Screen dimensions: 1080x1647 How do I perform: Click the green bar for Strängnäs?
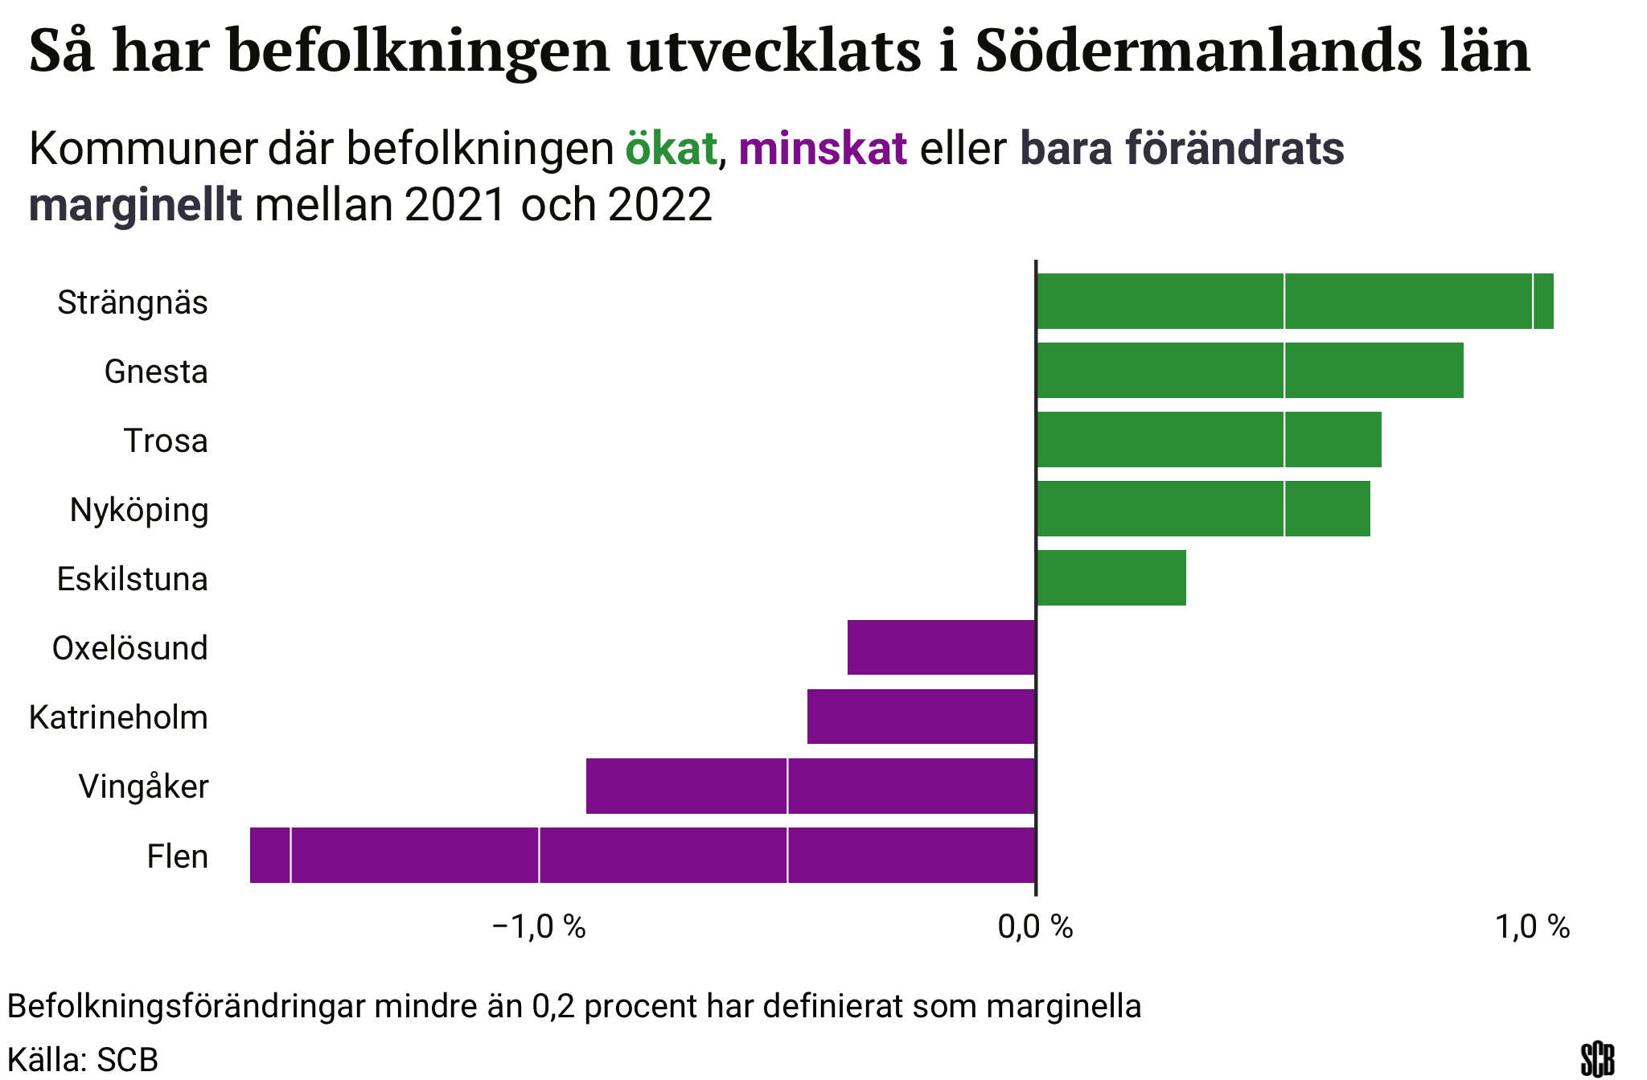click(x=1295, y=302)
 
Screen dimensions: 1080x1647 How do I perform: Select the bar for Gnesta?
click(x=1250, y=371)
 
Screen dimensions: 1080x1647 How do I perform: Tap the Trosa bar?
click(x=1209, y=440)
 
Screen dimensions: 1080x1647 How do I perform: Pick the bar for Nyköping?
click(x=1203, y=509)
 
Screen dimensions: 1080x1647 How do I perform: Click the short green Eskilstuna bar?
click(x=1111, y=578)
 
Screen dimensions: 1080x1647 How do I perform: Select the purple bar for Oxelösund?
click(x=941, y=647)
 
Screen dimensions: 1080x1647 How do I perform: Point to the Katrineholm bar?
click(x=921, y=717)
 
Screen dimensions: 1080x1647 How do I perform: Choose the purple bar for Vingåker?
click(x=811, y=786)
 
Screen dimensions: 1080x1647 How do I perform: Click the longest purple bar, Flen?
click(x=643, y=855)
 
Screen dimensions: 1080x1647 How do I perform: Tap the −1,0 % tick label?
click(x=539, y=927)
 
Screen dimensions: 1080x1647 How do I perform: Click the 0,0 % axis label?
click(x=1036, y=927)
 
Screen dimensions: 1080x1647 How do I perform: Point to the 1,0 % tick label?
click(x=1533, y=927)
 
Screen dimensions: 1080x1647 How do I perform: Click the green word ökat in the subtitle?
click(x=671, y=149)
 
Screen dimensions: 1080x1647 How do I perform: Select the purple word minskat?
click(x=823, y=149)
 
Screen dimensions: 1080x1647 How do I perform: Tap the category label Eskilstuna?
click(x=133, y=579)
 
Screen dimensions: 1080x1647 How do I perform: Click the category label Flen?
click(x=178, y=856)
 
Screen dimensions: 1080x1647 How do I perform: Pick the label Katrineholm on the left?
click(x=119, y=717)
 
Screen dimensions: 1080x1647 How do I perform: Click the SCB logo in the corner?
click(x=1597, y=1059)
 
